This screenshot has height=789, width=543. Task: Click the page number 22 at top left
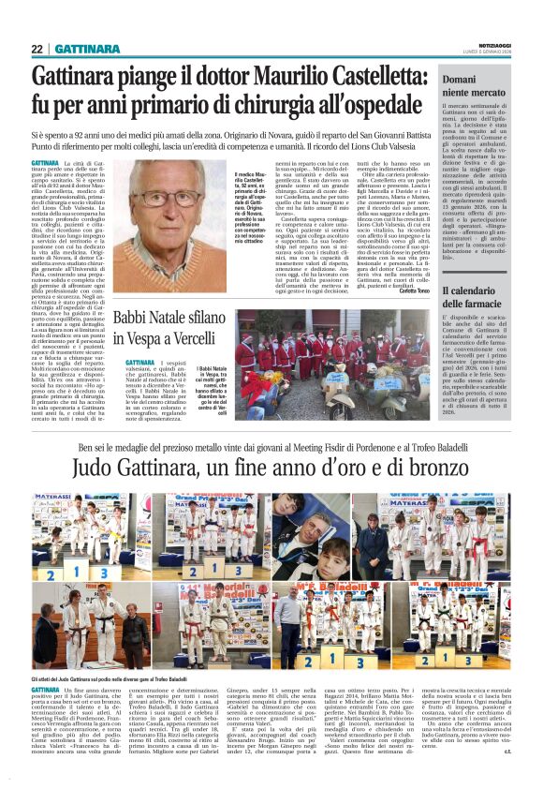37,49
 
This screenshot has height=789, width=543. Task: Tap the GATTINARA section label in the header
85,49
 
